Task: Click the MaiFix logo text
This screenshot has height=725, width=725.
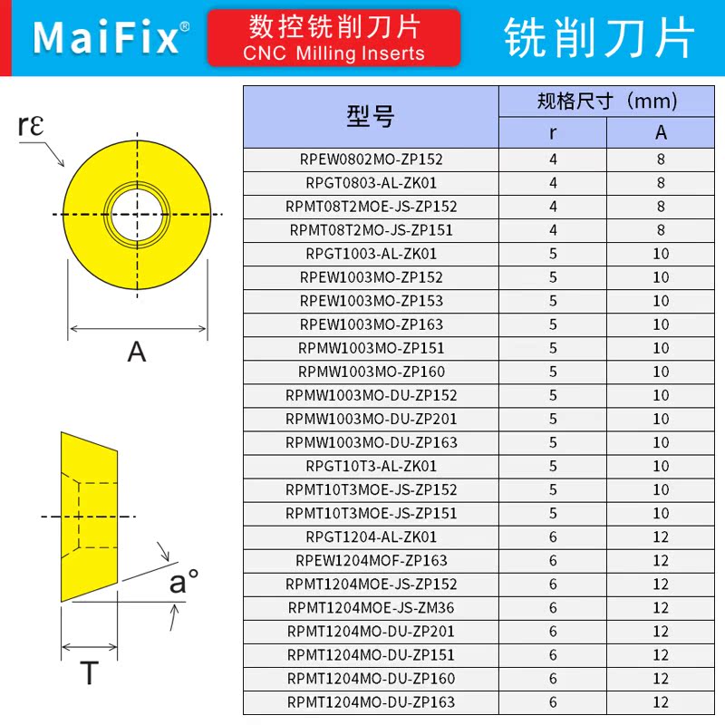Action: coord(107,38)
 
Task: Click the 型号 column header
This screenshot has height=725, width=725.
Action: coord(371,116)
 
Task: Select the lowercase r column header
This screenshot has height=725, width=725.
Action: coord(553,132)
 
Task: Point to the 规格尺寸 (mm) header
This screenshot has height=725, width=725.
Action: coord(607,101)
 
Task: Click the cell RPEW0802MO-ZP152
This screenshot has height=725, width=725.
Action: coord(371,159)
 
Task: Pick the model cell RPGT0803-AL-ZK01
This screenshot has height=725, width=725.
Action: coord(371,183)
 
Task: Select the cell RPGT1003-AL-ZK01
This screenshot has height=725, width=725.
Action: coord(371,254)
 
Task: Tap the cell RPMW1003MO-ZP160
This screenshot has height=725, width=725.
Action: coord(371,372)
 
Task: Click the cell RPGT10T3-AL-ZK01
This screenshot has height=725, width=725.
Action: coord(371,466)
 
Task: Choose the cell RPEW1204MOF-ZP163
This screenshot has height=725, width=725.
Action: coord(371,560)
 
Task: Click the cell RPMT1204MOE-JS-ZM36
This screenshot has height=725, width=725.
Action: coord(371,607)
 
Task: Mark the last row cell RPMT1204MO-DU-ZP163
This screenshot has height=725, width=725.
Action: coord(371,701)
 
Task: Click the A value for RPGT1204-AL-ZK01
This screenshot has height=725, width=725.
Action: coord(661,536)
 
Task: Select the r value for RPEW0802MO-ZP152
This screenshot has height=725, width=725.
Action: coord(553,159)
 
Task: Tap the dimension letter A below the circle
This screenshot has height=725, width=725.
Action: coord(137,351)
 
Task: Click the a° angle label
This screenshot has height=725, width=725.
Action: coord(183,582)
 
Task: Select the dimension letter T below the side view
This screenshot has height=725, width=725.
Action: coord(89,674)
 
